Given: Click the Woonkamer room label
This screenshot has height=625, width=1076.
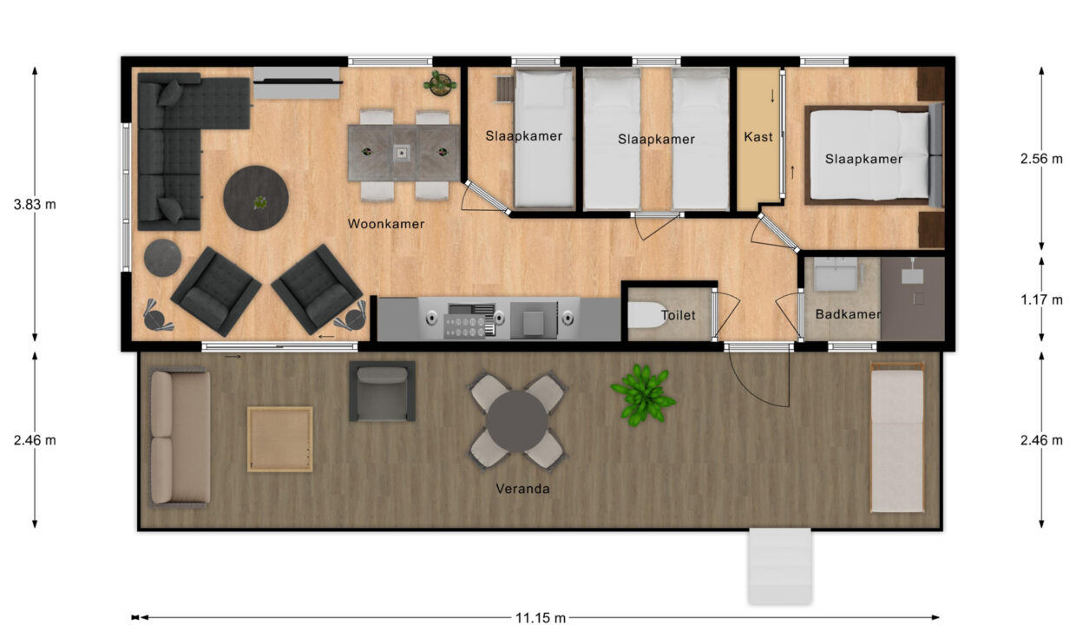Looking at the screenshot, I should click(x=386, y=224).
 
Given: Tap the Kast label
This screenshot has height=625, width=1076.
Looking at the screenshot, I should click(x=758, y=137).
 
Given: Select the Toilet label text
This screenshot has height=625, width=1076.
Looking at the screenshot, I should click(x=678, y=316).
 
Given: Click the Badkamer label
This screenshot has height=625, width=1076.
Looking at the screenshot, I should click(x=848, y=314).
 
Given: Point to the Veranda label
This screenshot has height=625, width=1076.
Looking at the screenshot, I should click(x=522, y=489).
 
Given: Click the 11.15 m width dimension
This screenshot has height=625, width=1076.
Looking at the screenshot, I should click(x=540, y=618).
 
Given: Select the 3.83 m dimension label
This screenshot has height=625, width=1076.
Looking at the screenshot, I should click(x=36, y=205).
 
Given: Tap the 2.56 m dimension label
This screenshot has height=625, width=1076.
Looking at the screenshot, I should click(x=1041, y=159).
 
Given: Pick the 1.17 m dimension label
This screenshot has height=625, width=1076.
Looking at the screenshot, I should click(x=1041, y=300).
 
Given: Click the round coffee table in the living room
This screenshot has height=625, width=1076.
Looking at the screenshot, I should click(x=256, y=198).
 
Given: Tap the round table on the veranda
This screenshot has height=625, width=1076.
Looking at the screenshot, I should click(x=517, y=421).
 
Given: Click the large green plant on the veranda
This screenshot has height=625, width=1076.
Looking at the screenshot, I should click(x=642, y=394).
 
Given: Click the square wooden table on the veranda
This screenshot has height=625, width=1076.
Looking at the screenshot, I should click(x=279, y=439).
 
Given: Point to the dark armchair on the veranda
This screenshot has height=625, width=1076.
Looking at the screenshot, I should click(x=382, y=391).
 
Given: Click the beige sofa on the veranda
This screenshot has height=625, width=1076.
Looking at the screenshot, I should click(x=180, y=437).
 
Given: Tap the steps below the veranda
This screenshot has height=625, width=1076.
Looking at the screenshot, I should click(x=779, y=566).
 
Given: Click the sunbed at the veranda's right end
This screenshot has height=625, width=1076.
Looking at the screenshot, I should click(x=896, y=437).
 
